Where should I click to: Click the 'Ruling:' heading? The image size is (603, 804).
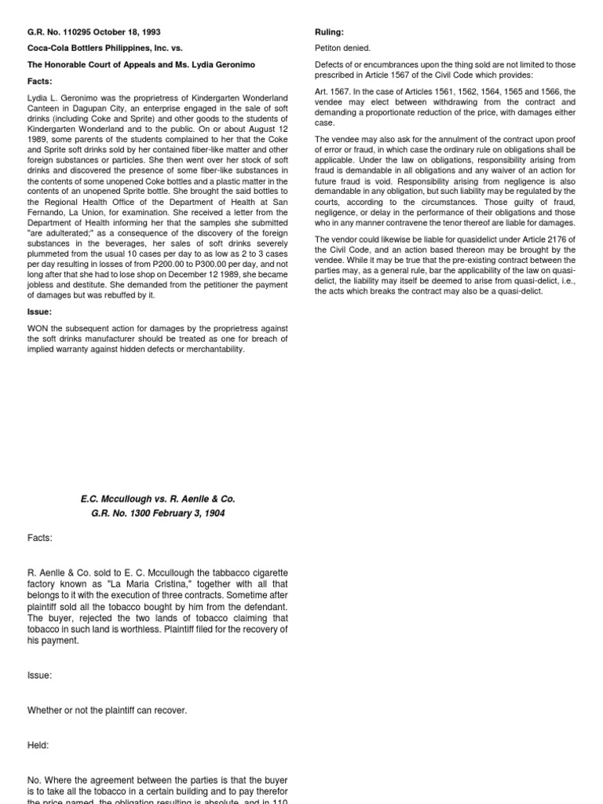tap(329, 33)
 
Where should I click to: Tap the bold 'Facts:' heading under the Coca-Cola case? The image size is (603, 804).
tap(39, 80)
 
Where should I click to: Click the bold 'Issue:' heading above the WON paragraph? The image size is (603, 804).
tap(39, 312)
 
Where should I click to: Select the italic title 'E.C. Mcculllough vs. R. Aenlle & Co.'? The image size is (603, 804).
tap(158, 499)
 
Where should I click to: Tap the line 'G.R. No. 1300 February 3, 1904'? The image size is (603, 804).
tap(158, 513)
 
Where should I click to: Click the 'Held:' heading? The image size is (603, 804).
tap(38, 745)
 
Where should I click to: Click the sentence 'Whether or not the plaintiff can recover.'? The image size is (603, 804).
tap(108, 711)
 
